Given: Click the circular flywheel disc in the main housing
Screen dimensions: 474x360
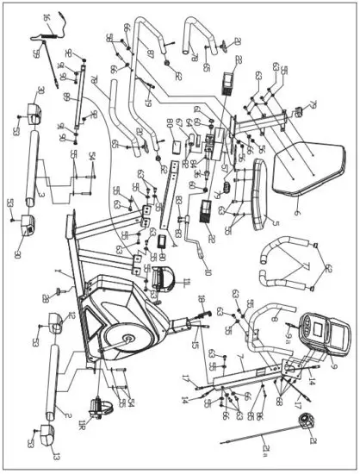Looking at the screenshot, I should (129, 338).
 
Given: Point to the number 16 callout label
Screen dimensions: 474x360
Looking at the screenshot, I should (46, 18).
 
